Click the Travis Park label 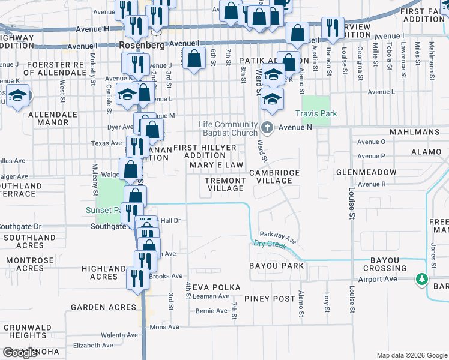(316, 113)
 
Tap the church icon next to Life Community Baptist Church (268, 127)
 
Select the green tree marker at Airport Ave (422, 279)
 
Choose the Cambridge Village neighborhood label (274, 176)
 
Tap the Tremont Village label (225, 184)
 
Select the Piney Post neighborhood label (270, 298)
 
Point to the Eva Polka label (217, 287)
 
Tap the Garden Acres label (104, 307)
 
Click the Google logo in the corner (20, 353)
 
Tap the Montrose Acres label (31, 265)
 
